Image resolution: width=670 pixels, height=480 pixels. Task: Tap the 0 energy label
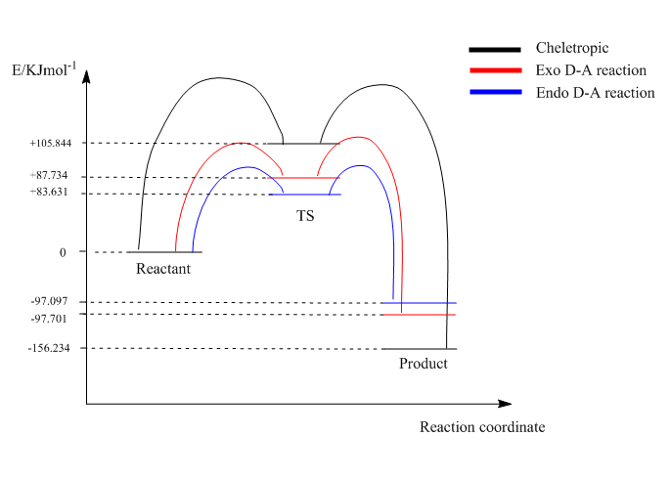click(x=62, y=252)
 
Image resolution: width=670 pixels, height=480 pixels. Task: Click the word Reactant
click(x=162, y=269)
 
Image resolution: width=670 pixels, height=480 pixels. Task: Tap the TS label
click(x=306, y=215)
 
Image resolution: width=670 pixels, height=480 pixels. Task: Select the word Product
click(x=423, y=364)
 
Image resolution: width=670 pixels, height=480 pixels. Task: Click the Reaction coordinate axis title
click(x=482, y=427)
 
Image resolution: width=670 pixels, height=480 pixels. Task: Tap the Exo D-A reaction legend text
click(x=591, y=70)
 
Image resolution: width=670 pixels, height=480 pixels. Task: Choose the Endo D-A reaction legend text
click(x=595, y=93)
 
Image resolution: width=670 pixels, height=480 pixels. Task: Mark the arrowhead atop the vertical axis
click(x=86, y=81)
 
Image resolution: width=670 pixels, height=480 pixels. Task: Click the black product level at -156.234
click(x=419, y=348)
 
